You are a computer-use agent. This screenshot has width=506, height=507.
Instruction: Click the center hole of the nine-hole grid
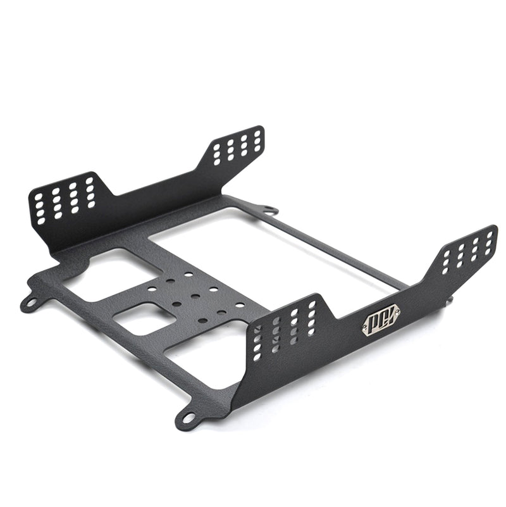[x=195, y=296]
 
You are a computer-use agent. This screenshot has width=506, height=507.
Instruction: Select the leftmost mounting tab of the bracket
[x=29, y=303]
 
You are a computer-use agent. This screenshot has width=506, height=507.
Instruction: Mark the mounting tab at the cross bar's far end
[x=268, y=209]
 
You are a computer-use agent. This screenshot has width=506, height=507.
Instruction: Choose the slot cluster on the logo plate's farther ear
[x=467, y=249]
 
